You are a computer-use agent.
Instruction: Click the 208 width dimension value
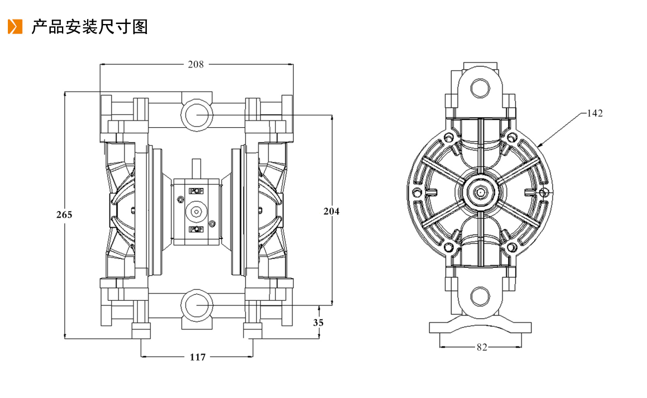pyautogui.click(x=195, y=64)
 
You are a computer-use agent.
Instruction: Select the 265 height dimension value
pyautogui.click(x=64, y=214)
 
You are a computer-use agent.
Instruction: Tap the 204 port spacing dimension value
pyautogui.click(x=332, y=211)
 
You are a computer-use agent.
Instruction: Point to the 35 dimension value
pyautogui.click(x=318, y=323)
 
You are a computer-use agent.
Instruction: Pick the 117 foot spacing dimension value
pyautogui.click(x=198, y=357)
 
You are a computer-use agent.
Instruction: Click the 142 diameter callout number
pyautogui.click(x=595, y=113)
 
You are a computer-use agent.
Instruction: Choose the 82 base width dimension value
pyautogui.click(x=482, y=347)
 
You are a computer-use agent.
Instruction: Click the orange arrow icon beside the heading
pyautogui.click(x=15, y=26)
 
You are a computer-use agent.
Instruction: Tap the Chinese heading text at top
pyautogui.click(x=89, y=27)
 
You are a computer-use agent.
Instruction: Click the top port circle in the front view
pyautogui.click(x=197, y=114)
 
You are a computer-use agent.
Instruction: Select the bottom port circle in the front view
pyautogui.click(x=197, y=305)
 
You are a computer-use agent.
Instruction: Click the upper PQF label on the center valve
pyautogui.click(x=196, y=191)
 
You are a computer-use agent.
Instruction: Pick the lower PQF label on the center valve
pyautogui.click(x=196, y=229)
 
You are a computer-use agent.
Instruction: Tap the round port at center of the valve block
pyautogui.click(x=196, y=211)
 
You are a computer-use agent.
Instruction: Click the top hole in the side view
pyautogui.click(x=480, y=88)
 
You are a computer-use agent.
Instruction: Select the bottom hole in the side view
pyautogui.click(x=480, y=296)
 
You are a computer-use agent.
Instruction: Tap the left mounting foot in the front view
pyautogui.click(x=141, y=331)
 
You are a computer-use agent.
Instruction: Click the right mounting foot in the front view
pyautogui.click(x=252, y=331)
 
